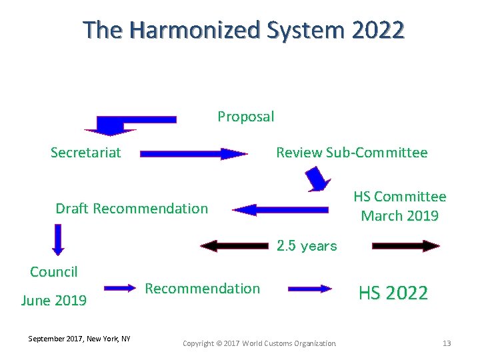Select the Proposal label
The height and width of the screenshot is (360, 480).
(245, 117)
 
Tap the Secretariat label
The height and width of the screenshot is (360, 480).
(86, 153)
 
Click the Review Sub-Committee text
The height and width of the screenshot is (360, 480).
(352, 153)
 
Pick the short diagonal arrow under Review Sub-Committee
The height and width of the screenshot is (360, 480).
(318, 179)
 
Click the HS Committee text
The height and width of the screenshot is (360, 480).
(400, 197)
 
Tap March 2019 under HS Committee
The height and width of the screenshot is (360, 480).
(400, 215)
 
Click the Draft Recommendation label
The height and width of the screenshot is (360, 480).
(131, 209)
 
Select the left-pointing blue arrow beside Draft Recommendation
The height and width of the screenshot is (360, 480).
(280, 210)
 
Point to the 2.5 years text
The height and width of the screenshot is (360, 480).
(307, 246)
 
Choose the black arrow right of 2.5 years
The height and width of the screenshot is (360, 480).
(405, 246)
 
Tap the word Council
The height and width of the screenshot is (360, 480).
(54, 272)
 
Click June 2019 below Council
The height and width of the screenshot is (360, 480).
(54, 301)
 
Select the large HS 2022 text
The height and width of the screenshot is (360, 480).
(393, 293)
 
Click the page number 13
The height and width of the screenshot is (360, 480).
(447, 343)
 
